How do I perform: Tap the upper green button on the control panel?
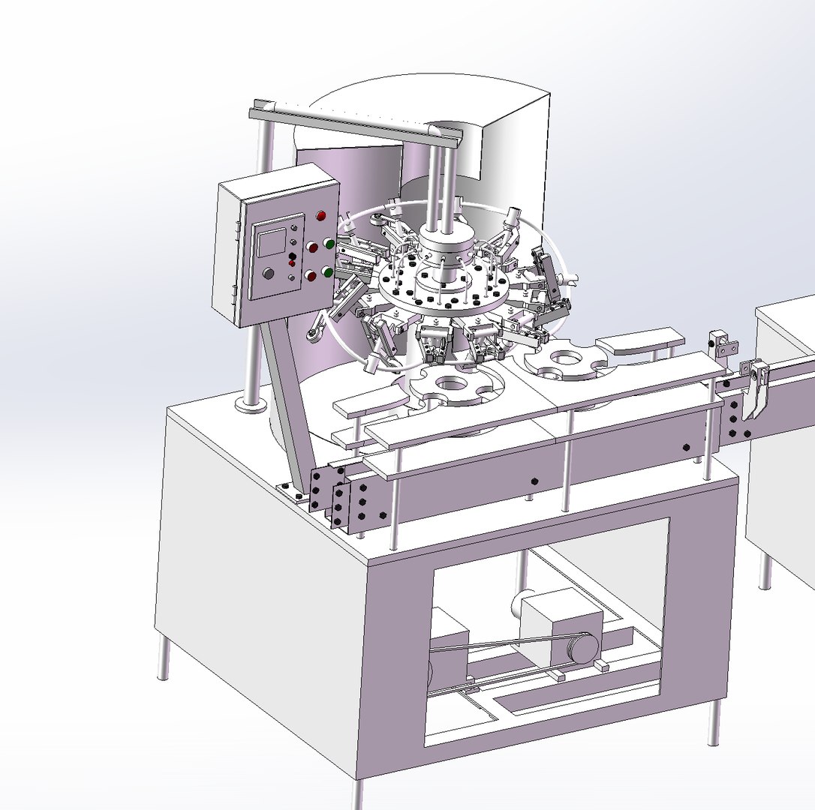329,243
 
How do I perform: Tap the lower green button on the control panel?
328,271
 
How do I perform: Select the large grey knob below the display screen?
267,274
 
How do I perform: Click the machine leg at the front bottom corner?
358,793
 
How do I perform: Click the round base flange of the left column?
251,405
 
